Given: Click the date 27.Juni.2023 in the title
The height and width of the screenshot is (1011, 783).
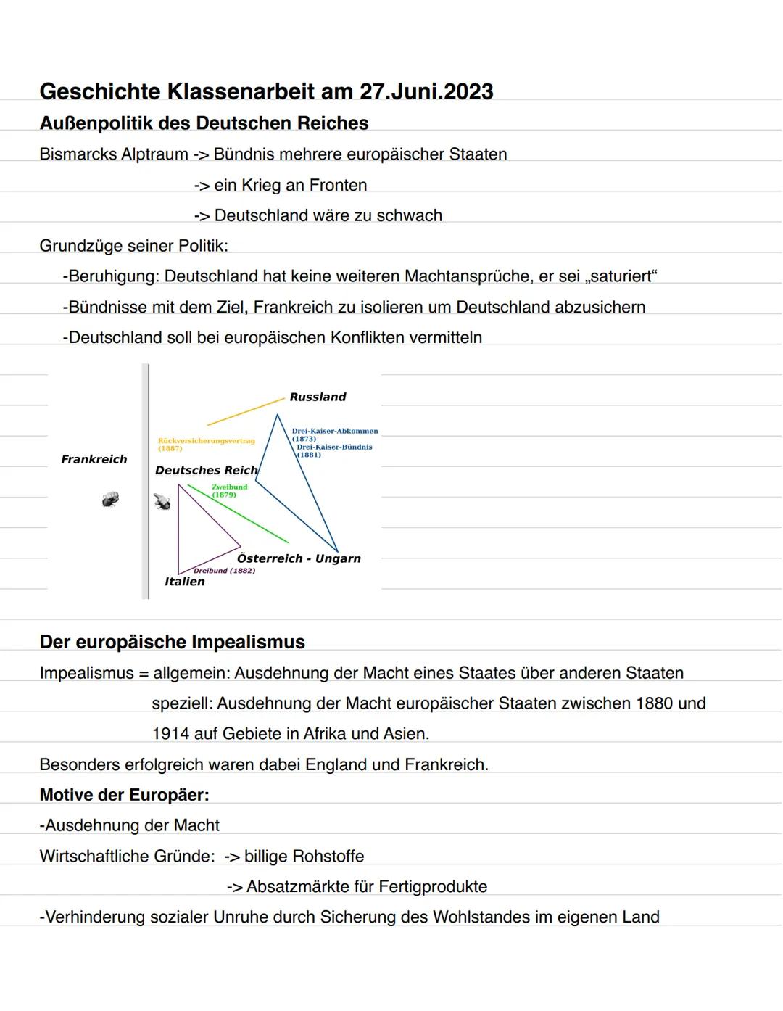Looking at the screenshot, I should click(426, 92).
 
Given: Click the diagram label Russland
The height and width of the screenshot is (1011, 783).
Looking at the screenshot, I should click(318, 397).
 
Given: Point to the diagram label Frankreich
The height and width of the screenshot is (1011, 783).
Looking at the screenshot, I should click(94, 459).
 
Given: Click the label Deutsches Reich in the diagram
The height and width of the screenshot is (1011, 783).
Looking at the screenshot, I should click(206, 470).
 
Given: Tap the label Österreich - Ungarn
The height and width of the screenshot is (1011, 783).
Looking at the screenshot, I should click(299, 558).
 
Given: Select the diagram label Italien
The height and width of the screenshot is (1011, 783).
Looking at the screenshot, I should click(185, 581).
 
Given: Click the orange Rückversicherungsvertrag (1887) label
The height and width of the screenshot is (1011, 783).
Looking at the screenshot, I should click(206, 444).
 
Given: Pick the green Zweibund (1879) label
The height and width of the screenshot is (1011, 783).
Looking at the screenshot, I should click(229, 490).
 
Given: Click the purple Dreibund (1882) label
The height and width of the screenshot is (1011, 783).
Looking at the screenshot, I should click(224, 571).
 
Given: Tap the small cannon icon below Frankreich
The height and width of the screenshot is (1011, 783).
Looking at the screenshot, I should click(110, 499).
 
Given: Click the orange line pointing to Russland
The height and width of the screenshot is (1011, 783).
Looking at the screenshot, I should click(245, 411).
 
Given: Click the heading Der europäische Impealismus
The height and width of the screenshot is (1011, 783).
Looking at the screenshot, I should click(172, 642).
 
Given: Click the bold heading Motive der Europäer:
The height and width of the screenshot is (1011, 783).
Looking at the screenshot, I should click(124, 795).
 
